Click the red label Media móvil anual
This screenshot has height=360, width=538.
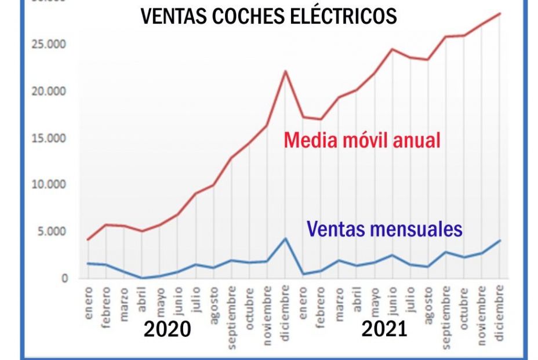362,140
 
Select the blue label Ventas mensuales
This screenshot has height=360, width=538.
384,229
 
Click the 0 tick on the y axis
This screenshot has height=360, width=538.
64,278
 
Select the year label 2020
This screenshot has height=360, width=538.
167,329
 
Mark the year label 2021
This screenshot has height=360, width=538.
384,329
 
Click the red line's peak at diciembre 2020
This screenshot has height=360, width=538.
285,71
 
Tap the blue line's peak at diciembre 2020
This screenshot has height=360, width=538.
285,238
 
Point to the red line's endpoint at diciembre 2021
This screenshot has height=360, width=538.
500,13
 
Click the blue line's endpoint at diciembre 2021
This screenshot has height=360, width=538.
500,241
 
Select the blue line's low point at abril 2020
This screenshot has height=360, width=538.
141,278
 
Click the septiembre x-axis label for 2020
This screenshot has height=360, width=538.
231,316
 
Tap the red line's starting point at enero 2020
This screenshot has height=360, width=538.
88,239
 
